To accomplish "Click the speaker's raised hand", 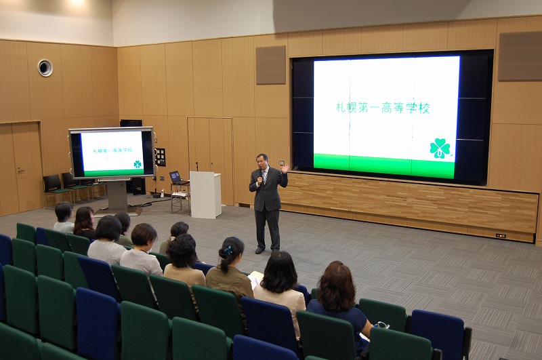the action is coord(285,169).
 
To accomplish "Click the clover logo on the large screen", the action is coord(440,148).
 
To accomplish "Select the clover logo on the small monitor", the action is coord(138,164).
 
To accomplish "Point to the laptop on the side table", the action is coord(177,178).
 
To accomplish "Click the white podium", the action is coord(205,195).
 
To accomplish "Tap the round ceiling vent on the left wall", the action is coord(45,68).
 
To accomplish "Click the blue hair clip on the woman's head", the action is coord(228,251).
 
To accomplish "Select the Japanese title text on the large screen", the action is coord(383,108).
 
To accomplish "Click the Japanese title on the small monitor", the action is coord(112,151).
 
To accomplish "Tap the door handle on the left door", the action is coord(20,169).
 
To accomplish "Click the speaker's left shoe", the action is coord(259,250).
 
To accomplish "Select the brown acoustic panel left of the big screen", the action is coord(270,65).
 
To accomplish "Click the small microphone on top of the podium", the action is coord(197,166).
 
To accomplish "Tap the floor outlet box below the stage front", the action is coord(501,236).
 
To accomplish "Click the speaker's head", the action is coord(262,161).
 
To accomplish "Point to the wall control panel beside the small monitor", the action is coord(161,157).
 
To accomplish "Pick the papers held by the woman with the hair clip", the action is coord(255,278).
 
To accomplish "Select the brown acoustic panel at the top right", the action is coord(520,56).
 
